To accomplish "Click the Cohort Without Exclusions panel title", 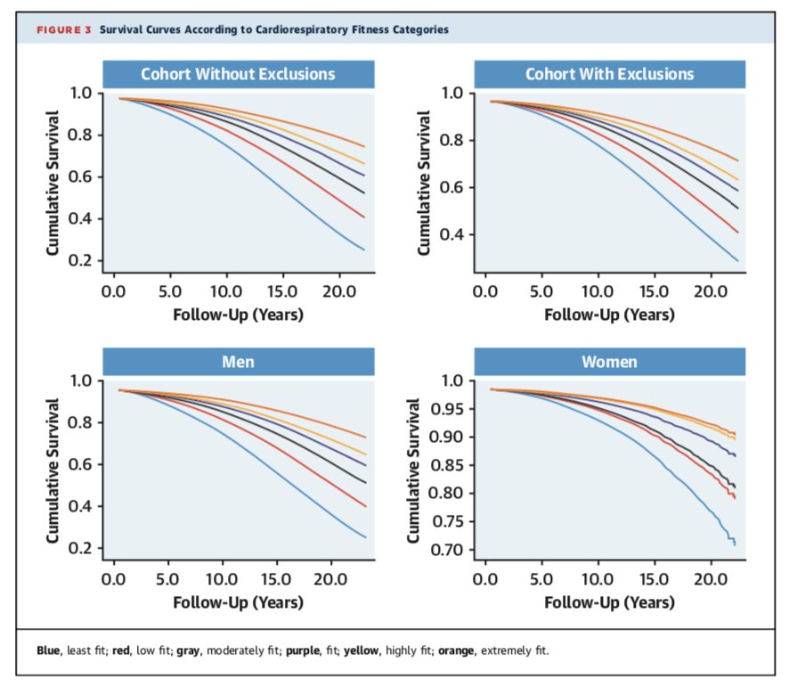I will [238, 73].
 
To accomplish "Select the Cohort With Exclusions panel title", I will [609, 73].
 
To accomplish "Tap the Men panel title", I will [238, 362].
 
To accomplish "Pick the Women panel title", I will [609, 362].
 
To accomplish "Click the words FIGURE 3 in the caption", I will [64, 29].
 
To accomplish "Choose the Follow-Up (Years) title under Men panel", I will [238, 602].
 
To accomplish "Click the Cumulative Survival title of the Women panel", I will [414, 470].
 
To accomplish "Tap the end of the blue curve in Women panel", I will [736, 544].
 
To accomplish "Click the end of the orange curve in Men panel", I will [366, 437].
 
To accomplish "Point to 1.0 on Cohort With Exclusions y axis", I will [451, 93].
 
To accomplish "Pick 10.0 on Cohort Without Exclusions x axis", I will [225, 290].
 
